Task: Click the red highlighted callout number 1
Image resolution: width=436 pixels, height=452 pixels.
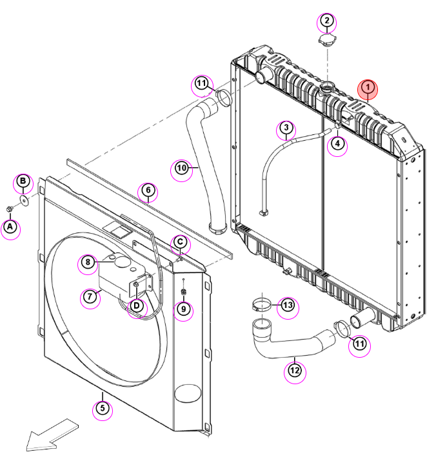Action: click(368, 87)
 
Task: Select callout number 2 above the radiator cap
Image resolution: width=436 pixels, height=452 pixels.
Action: click(326, 21)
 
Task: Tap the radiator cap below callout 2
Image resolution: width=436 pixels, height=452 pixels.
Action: click(328, 39)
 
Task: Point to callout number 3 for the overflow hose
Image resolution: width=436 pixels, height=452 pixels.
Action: click(286, 127)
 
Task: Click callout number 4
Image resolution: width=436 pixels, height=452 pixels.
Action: click(337, 143)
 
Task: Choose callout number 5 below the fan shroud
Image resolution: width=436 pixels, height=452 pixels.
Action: click(103, 408)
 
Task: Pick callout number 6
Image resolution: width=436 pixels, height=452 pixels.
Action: click(148, 190)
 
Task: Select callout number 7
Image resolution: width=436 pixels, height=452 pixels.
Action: click(90, 296)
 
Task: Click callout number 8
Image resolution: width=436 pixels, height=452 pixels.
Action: click(88, 262)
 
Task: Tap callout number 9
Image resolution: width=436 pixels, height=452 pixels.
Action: click(183, 309)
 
